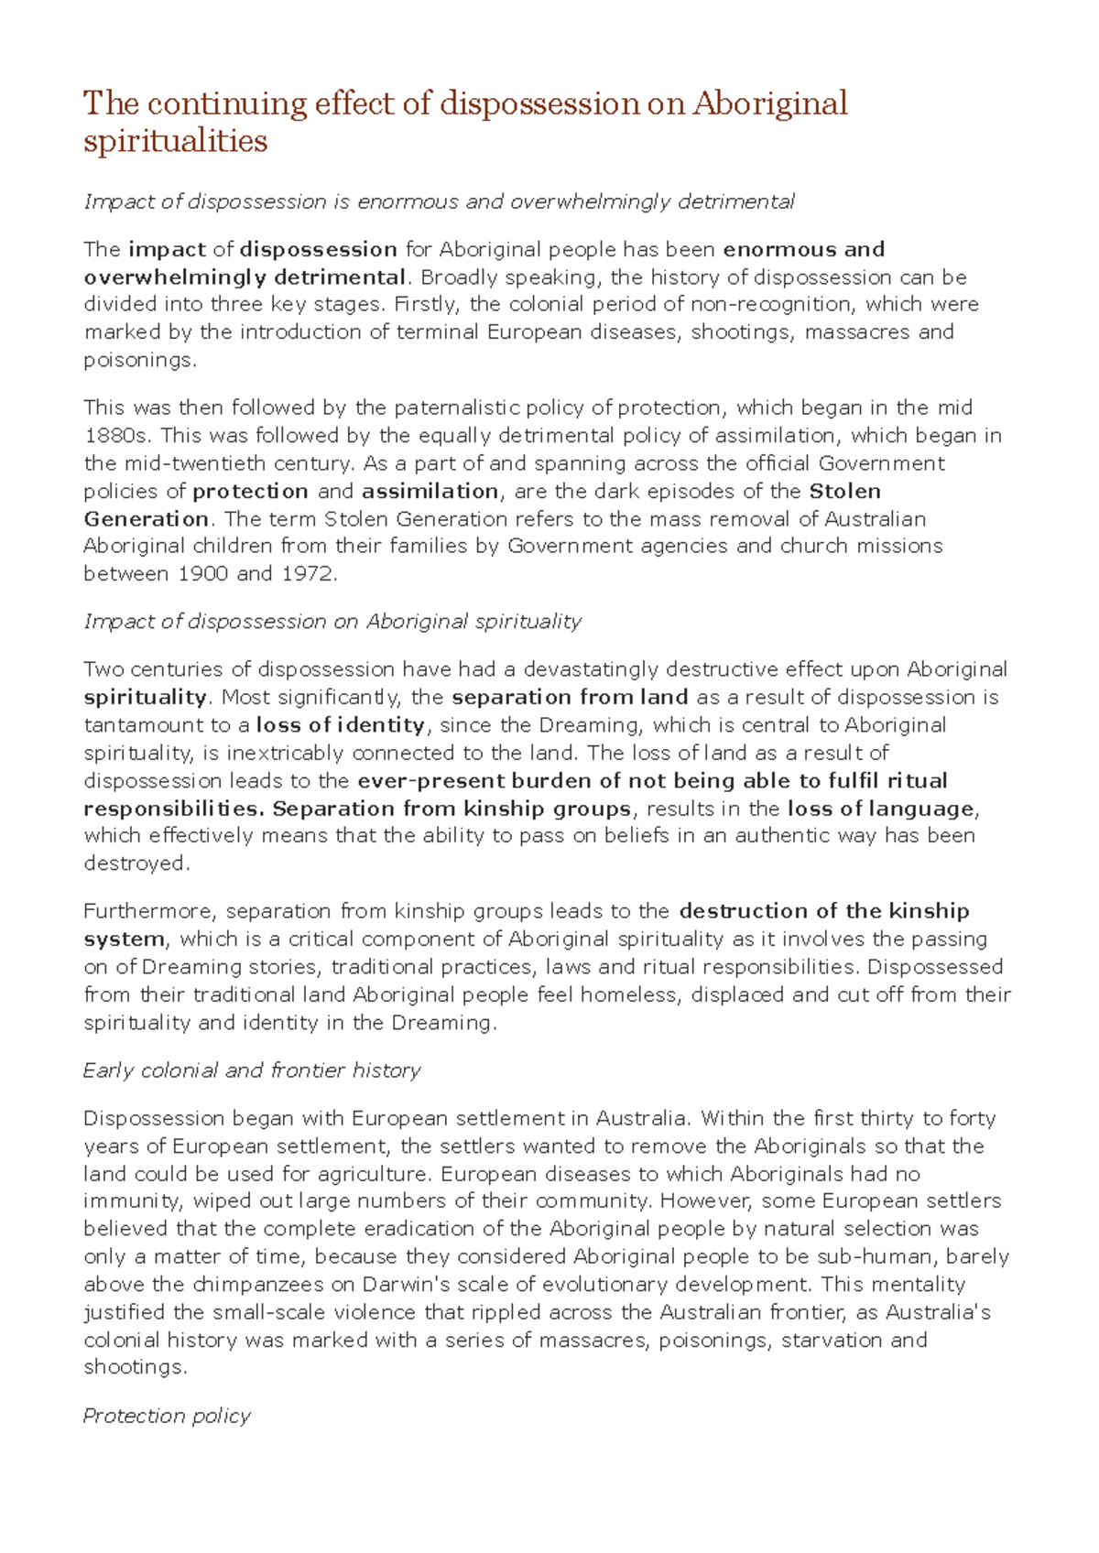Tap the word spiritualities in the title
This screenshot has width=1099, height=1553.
tap(175, 141)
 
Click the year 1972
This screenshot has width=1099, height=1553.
tap(309, 574)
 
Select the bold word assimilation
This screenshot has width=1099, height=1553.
tap(430, 492)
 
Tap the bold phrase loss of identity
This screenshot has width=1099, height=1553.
tap(341, 725)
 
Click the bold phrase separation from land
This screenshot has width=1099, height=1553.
tap(570, 698)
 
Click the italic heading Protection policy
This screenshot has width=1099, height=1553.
tap(167, 1416)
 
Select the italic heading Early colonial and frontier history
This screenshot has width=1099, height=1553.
tap(252, 1070)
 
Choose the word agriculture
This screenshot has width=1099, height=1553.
tap(375, 1174)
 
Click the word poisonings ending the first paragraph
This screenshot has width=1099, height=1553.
tap(138, 360)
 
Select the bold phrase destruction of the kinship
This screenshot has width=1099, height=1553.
tap(824, 911)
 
